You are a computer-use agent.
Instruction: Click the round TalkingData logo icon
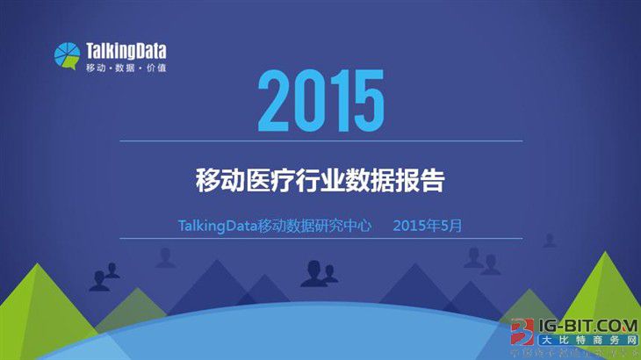coord(67,56)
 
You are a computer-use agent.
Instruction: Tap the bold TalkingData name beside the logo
coord(126,51)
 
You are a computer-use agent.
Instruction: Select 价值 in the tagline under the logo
coord(155,68)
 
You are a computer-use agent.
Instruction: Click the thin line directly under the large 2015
coord(320,140)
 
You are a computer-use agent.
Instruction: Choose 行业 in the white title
coord(319,182)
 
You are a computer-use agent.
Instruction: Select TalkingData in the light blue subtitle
coord(217,226)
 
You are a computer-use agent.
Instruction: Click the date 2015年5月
coord(428,226)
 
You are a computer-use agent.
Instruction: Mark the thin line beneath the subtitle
coord(320,238)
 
